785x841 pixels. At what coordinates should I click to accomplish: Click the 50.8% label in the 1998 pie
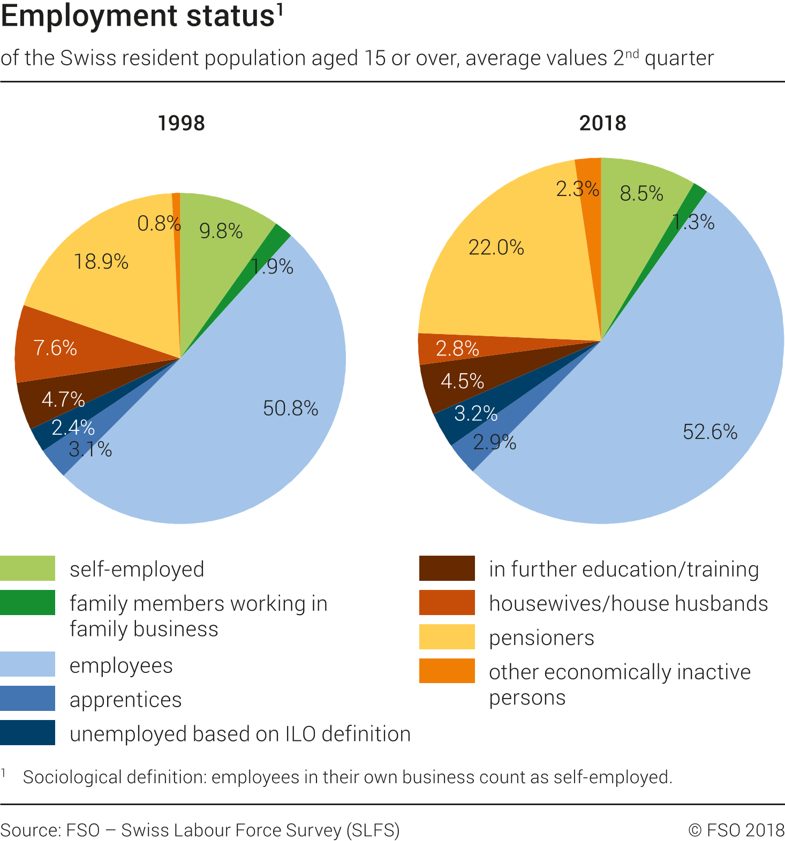click(290, 409)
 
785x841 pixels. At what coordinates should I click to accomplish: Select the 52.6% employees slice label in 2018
click(710, 432)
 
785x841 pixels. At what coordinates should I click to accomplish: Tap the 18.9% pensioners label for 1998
click(101, 262)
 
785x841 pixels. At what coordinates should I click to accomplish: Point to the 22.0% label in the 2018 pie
click(496, 248)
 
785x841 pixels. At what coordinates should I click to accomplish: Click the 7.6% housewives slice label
click(55, 348)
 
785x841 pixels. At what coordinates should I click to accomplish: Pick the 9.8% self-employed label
click(221, 231)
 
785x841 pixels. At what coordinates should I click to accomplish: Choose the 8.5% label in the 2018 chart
click(641, 194)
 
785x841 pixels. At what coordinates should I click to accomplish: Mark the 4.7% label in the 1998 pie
click(63, 400)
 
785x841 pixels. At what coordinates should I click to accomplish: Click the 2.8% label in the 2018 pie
click(457, 349)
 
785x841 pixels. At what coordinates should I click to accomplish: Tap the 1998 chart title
click(182, 123)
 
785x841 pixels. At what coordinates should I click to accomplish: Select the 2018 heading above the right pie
click(602, 123)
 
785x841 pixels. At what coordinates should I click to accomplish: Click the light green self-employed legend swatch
click(27, 569)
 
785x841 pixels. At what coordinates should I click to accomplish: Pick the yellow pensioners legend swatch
click(447, 637)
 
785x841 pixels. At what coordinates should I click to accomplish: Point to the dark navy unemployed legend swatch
click(27, 733)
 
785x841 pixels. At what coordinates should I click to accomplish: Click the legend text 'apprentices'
click(126, 700)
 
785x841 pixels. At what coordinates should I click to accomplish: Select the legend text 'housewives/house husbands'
click(628, 604)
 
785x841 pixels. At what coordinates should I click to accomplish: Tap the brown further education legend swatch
click(447, 569)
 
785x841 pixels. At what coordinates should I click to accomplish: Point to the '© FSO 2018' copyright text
click(736, 830)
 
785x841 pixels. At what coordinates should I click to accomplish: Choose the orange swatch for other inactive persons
click(447, 671)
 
